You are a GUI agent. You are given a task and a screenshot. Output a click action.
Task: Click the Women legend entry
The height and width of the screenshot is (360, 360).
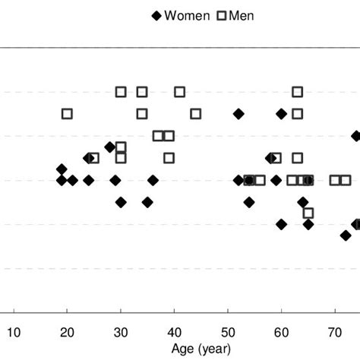coord(188,16)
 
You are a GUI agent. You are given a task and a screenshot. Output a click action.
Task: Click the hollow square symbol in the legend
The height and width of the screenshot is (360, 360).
coord(223,16)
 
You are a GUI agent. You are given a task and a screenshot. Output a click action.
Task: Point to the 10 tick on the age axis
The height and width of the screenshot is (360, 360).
coord(14,331)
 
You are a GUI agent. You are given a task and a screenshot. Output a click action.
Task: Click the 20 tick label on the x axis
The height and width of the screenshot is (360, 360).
coord(67,331)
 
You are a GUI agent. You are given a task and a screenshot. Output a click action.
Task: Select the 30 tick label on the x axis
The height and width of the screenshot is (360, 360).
coord(121,331)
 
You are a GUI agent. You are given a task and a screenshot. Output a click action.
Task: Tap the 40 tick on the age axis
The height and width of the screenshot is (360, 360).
coord(174,331)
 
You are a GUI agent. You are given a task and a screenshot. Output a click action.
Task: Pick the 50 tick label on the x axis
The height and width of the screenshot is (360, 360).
coord(228,331)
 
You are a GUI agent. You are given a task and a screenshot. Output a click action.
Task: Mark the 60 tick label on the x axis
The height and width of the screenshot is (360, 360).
coord(281,331)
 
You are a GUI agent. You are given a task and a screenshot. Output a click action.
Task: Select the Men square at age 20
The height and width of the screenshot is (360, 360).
coord(67,114)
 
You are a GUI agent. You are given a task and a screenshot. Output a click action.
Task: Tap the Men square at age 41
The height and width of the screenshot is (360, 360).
coord(179,92)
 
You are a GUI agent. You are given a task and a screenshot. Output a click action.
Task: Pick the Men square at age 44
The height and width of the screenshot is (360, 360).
coord(196,114)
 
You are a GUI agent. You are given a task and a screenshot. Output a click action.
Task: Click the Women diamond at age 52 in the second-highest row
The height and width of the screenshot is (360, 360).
coord(238,114)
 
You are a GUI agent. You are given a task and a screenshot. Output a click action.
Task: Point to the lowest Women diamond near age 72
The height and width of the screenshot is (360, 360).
coord(346,235)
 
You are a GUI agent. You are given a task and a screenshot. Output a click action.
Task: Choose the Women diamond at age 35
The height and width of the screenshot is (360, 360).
coord(147,202)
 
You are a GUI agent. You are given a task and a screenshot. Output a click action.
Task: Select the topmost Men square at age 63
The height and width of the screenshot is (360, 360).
coord(298,92)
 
